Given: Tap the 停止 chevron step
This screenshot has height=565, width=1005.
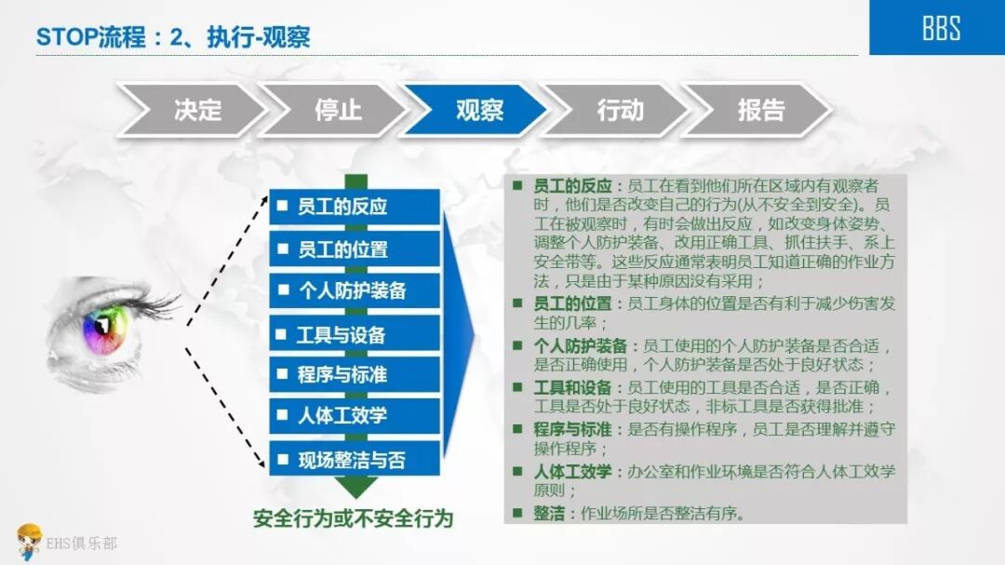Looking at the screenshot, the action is click(336, 110).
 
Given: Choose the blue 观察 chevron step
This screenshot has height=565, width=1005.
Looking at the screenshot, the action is click(477, 110).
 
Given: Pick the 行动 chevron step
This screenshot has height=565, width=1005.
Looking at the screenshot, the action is click(619, 110).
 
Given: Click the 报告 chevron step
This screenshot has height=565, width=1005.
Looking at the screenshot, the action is click(759, 110).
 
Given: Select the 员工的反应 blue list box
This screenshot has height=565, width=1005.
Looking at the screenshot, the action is click(355, 207).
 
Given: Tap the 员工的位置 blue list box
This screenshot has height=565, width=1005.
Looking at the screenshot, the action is click(355, 249).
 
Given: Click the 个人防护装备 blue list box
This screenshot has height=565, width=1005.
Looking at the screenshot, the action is click(355, 290).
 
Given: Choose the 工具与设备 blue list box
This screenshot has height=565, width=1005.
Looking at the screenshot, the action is click(355, 333).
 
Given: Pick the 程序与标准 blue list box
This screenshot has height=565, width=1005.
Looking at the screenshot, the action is click(355, 374).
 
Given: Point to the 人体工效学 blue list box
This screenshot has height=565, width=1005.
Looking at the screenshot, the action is click(355, 416).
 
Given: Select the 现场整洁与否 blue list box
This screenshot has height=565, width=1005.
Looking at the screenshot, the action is click(355, 459).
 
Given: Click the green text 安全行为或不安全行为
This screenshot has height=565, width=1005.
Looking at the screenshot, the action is click(353, 518).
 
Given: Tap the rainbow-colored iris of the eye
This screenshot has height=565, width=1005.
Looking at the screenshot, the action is click(103, 328).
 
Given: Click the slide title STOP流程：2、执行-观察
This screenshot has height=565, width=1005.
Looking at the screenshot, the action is click(173, 37).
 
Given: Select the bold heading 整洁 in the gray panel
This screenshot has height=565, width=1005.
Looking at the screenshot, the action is click(549, 513).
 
